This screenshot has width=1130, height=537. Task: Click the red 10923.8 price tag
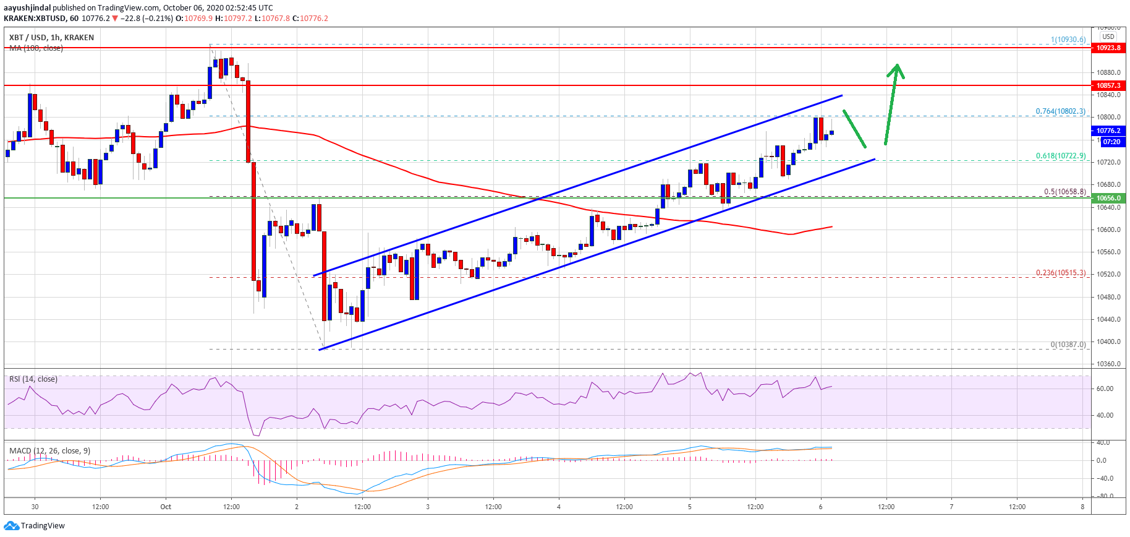tap(1109, 48)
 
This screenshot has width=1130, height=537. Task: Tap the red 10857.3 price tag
tap(1109, 85)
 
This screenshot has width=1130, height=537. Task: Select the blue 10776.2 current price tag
tap(1109, 131)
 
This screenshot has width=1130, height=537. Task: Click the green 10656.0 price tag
tap(1109, 198)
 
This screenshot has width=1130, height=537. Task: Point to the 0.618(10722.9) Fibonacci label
tap(1061, 156)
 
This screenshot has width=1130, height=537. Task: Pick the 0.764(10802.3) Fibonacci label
tap(1061, 111)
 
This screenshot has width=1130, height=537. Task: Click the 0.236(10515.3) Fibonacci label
tap(1061, 273)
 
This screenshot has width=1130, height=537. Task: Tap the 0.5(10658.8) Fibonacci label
tap(1064, 192)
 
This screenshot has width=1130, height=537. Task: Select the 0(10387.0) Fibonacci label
tap(1068, 345)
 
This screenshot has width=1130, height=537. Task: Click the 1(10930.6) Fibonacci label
tap(1068, 40)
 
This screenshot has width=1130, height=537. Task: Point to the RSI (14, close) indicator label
tap(33, 379)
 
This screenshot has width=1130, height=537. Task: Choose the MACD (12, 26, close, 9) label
tap(49, 450)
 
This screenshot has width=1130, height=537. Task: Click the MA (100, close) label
tap(36, 48)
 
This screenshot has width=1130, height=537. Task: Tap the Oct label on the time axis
tap(166, 507)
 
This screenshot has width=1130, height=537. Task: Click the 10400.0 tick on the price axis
tap(1109, 342)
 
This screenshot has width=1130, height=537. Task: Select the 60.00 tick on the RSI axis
tap(1105, 389)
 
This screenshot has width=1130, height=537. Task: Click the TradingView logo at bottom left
tap(35, 526)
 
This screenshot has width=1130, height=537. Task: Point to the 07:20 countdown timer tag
tap(1111, 142)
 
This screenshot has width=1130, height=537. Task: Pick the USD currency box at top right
tap(1108, 37)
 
